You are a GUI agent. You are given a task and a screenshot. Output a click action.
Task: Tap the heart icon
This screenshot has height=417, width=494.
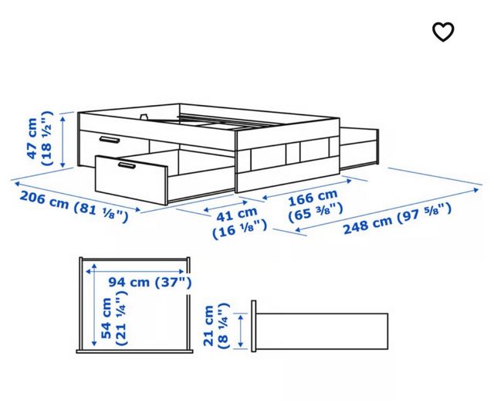(x=443, y=31)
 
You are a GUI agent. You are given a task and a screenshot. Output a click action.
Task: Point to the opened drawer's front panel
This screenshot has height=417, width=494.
(x=131, y=179)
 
